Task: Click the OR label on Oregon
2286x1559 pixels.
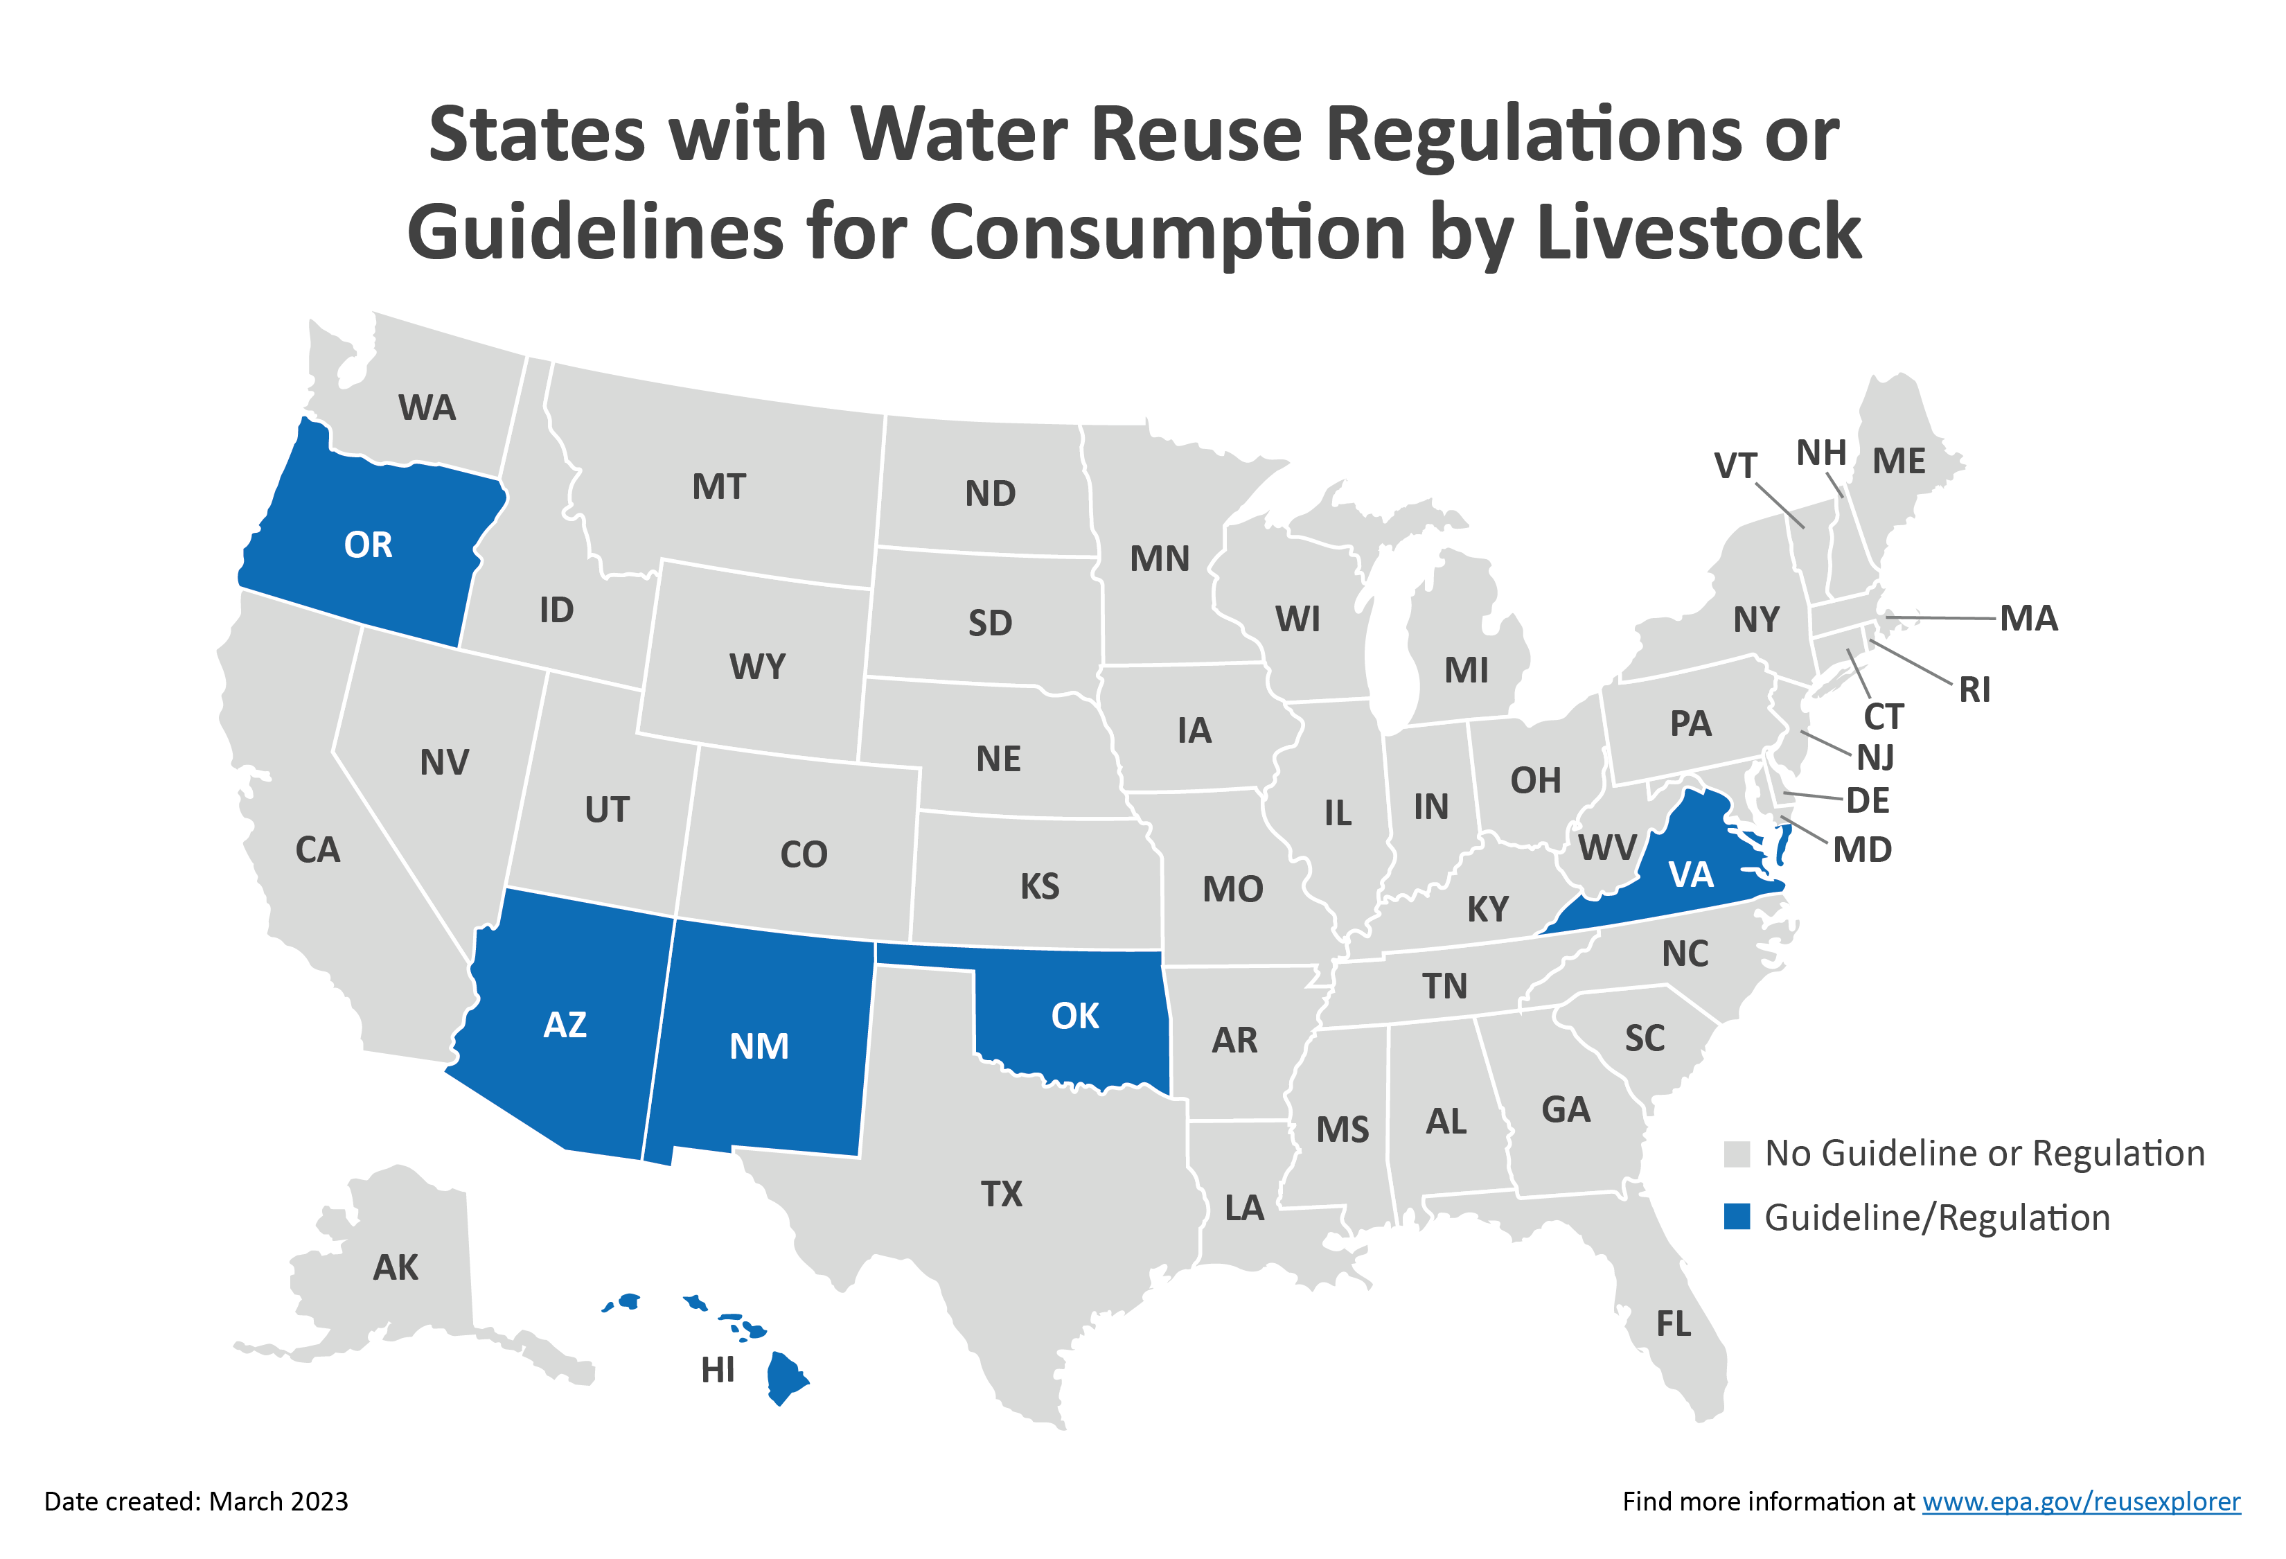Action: click(368, 545)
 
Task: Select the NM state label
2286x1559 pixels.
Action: click(759, 1046)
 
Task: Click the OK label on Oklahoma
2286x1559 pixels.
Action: click(1074, 1016)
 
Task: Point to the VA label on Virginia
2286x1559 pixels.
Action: click(1690, 874)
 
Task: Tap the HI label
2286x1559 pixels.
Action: click(717, 1370)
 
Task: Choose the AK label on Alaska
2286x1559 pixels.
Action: click(396, 1268)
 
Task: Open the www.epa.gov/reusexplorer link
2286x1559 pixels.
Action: click(2080, 1502)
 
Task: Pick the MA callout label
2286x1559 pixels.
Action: click(2028, 619)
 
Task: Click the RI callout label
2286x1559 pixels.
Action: click(1974, 691)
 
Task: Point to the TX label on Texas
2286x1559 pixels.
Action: click(1002, 1194)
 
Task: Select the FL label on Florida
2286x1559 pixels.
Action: click(1673, 1324)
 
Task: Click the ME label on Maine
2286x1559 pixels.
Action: click(1899, 461)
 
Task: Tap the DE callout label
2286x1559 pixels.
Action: click(1867, 801)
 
